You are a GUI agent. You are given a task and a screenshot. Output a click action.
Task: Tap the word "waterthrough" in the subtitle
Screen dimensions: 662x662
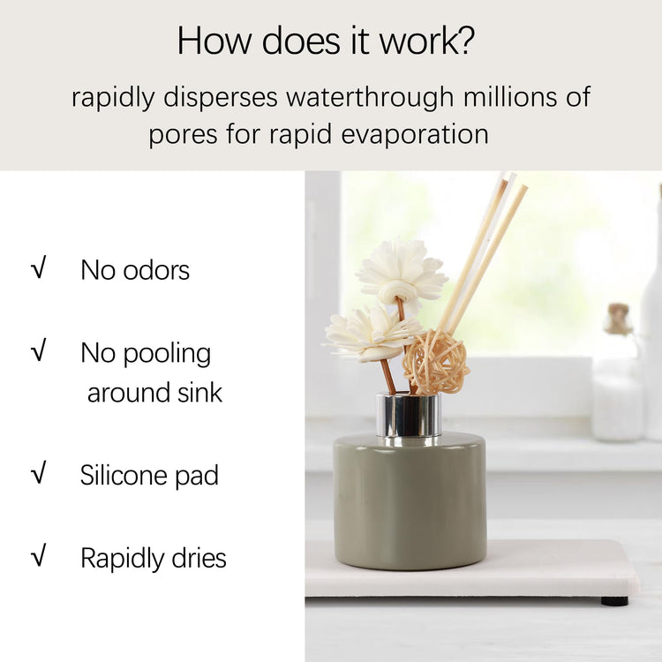point(370,97)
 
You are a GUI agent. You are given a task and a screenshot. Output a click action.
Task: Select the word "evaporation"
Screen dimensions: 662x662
point(415,134)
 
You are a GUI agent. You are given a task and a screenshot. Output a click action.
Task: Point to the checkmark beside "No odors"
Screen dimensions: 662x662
point(38,267)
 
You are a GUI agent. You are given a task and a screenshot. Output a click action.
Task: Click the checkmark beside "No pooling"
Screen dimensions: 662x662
point(38,350)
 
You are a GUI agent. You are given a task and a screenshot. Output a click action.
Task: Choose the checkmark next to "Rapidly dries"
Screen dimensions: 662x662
point(38,555)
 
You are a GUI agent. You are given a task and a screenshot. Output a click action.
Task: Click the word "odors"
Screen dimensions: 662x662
point(156,270)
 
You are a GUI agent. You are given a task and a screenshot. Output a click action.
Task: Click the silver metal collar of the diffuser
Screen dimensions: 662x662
point(409,416)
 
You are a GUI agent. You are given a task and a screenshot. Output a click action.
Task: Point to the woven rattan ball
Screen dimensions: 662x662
point(436,361)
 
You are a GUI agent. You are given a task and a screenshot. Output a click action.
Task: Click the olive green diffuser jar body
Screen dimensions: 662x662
point(410,502)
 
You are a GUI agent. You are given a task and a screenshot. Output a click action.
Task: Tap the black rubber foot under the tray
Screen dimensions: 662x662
point(614,601)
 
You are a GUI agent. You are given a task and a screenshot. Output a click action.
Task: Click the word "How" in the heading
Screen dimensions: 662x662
point(214,41)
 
